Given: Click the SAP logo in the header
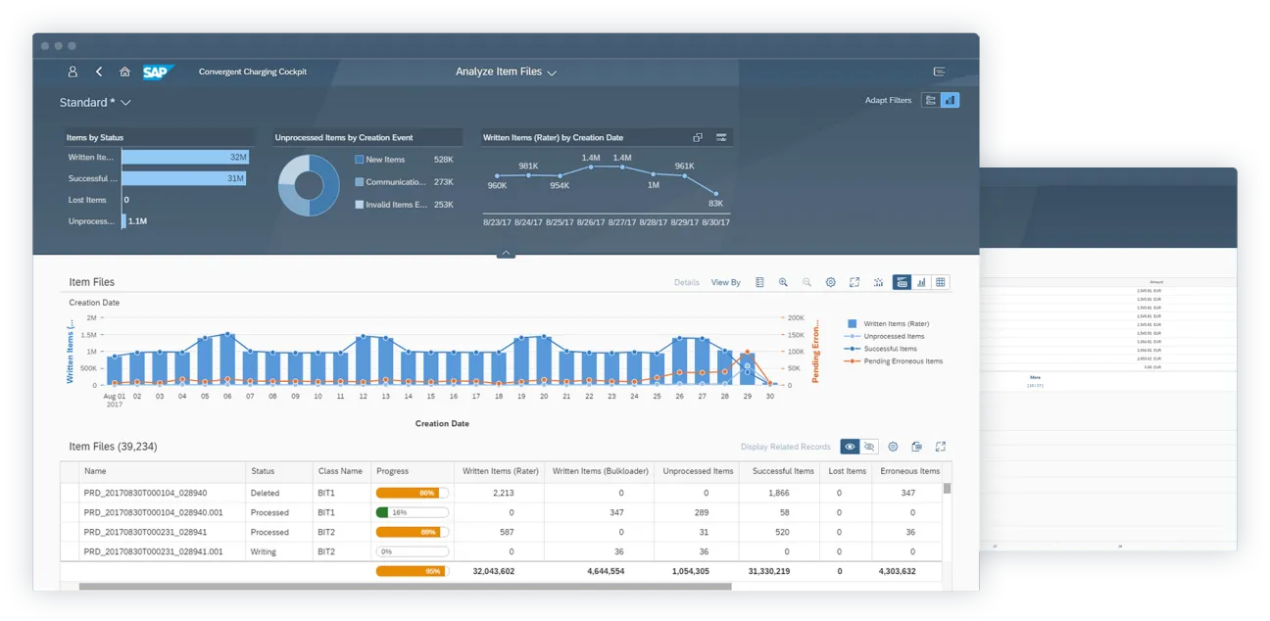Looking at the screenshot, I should point(157,72).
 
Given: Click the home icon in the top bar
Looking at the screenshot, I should point(124,72).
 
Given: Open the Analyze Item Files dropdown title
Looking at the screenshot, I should point(506,72).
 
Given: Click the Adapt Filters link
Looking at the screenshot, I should point(888,100).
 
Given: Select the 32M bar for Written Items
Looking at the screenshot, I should point(185,157).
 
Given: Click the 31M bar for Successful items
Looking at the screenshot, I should point(183,178).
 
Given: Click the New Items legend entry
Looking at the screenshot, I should point(384,160).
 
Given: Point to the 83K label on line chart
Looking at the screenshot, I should point(715,204).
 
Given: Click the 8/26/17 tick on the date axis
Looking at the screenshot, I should point(591,222).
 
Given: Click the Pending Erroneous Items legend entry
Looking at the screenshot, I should point(903,361).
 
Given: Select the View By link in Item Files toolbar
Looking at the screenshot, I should point(725,282).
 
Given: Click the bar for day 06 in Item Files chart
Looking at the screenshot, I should point(227,358).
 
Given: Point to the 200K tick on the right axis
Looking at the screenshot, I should point(795,318).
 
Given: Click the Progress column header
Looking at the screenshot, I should point(392,471).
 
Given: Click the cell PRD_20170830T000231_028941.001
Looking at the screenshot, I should point(153,551).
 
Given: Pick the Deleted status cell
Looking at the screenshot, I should point(265,493).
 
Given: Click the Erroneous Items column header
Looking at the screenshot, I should point(909,471).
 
